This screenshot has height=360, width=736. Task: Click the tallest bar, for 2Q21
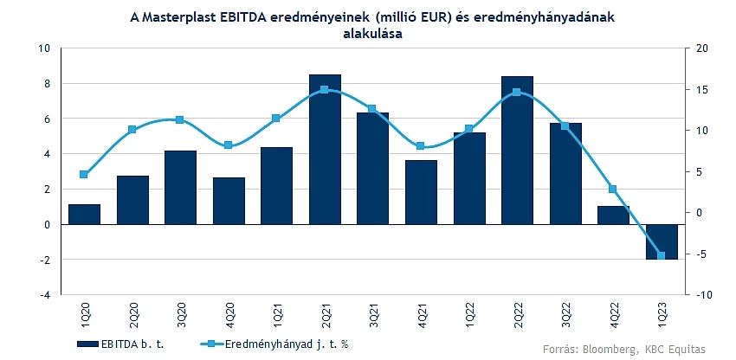click(x=325, y=149)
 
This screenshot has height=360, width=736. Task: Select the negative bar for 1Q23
click(x=661, y=241)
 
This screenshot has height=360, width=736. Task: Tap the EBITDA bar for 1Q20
click(x=84, y=215)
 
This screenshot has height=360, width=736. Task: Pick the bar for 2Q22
click(x=517, y=150)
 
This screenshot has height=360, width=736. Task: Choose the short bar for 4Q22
click(x=612, y=215)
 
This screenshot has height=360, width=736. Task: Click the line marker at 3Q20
click(x=180, y=120)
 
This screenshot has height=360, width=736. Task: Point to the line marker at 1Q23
click(x=661, y=255)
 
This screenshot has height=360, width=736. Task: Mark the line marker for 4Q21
click(x=421, y=146)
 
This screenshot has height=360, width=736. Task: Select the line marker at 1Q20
click(x=84, y=175)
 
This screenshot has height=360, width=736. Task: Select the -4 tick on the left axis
click(x=45, y=295)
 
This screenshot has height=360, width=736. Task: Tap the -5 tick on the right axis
click(x=700, y=254)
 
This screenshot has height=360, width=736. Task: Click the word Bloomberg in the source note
click(x=607, y=348)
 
